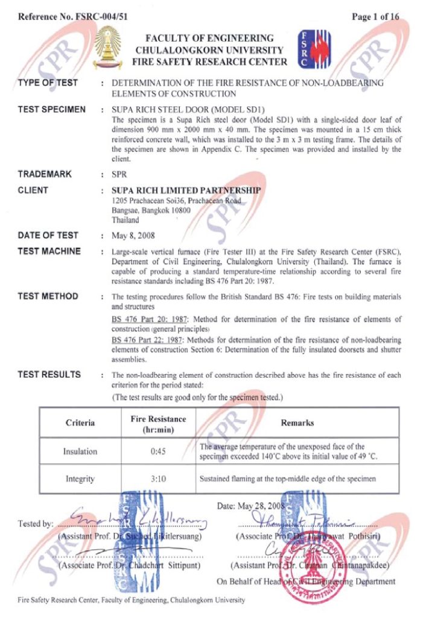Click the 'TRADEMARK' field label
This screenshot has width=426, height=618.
pyautogui.click(x=45, y=174)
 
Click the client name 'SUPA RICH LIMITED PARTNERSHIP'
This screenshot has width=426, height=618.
pyautogui.click(x=186, y=190)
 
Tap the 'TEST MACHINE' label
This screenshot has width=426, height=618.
pyautogui.click(x=49, y=251)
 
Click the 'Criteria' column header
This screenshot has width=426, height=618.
pyautogui.click(x=80, y=423)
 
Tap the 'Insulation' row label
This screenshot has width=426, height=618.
pyautogui.click(x=80, y=451)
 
